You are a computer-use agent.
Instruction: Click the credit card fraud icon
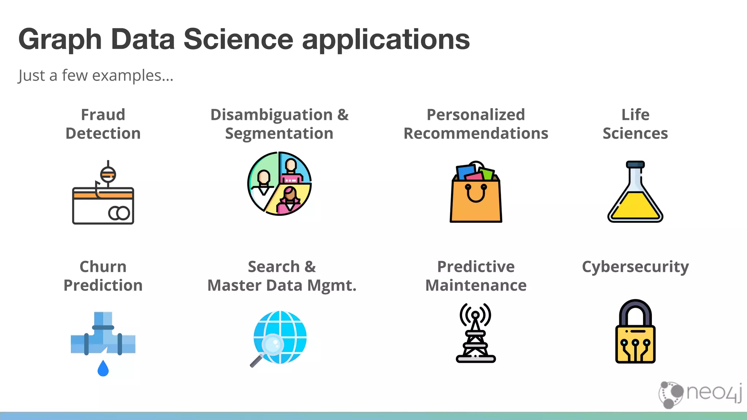103,197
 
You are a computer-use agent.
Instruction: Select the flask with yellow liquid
635,193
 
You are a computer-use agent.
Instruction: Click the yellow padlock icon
635,332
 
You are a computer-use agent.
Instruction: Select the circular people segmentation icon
279,183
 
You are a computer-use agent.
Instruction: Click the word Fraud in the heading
103,115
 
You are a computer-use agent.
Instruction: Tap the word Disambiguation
271,115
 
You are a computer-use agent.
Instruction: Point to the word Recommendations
476,133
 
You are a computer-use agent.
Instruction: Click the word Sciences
635,133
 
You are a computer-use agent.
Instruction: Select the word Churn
103,267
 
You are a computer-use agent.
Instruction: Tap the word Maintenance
476,285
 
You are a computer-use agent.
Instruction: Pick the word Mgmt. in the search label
332,285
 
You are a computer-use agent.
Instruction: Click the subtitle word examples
132,76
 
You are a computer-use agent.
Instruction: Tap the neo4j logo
700,394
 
